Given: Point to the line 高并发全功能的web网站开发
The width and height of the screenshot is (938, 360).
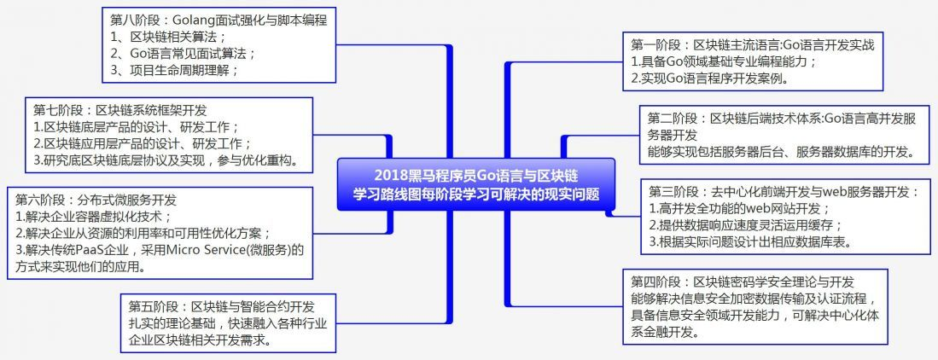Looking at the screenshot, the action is (x=740, y=207).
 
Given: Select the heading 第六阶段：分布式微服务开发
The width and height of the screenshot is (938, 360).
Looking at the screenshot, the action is (x=96, y=200).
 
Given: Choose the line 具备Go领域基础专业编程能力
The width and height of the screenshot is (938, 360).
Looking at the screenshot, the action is (x=725, y=61).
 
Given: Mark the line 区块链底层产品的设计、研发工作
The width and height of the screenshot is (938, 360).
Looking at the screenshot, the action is (x=136, y=126).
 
